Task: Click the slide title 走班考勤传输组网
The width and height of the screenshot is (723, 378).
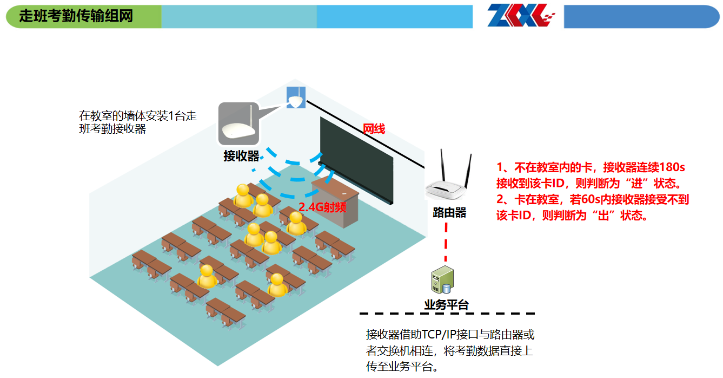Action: point(76,16)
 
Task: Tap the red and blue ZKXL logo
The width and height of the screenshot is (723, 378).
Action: point(521,16)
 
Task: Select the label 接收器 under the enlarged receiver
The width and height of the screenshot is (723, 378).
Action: point(241,157)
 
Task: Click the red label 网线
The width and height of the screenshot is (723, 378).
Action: point(374,129)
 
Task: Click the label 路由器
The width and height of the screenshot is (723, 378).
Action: point(449,212)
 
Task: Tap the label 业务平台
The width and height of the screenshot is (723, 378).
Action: point(446,305)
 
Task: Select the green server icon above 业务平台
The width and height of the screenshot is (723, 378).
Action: point(442,281)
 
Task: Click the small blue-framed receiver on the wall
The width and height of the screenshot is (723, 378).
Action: point(296,97)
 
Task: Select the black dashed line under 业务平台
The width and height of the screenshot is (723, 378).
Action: point(447,314)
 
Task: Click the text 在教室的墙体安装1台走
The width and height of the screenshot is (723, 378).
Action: point(138,116)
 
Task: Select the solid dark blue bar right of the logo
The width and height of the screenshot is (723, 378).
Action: point(641,16)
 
